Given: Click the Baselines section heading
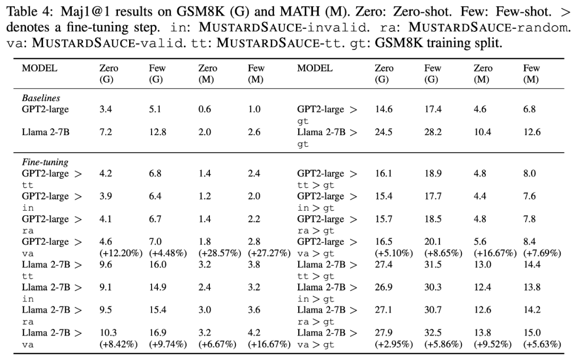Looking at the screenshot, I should pos(41,98).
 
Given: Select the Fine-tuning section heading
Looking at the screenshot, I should pos(45,162).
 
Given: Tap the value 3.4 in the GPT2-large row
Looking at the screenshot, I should pos(105,110).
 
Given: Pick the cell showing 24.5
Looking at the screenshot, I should pos(384,132).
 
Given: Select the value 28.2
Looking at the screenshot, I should pos(433,132).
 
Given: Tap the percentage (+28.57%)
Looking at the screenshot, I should pos(220,254).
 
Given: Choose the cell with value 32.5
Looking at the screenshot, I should pos(433,333).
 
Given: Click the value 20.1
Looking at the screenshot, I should pos(433,242).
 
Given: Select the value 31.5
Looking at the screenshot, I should pos(433,265).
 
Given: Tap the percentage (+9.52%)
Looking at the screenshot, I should pos(493,344).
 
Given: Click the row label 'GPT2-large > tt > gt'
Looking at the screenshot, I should pos(327,179).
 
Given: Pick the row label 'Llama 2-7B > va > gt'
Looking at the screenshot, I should pos(327,338).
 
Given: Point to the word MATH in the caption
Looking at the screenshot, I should pos(300,11).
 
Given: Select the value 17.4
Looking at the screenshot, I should pos(433,110).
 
